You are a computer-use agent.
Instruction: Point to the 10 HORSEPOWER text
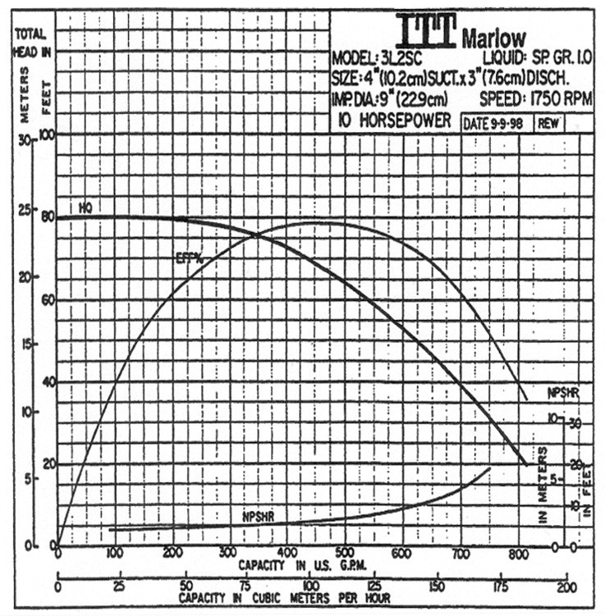click(395, 121)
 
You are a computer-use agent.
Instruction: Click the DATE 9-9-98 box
click(495, 123)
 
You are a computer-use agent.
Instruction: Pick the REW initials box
click(548, 123)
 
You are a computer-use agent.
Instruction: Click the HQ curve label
click(85, 208)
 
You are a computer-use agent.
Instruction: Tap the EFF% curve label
click(189, 259)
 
